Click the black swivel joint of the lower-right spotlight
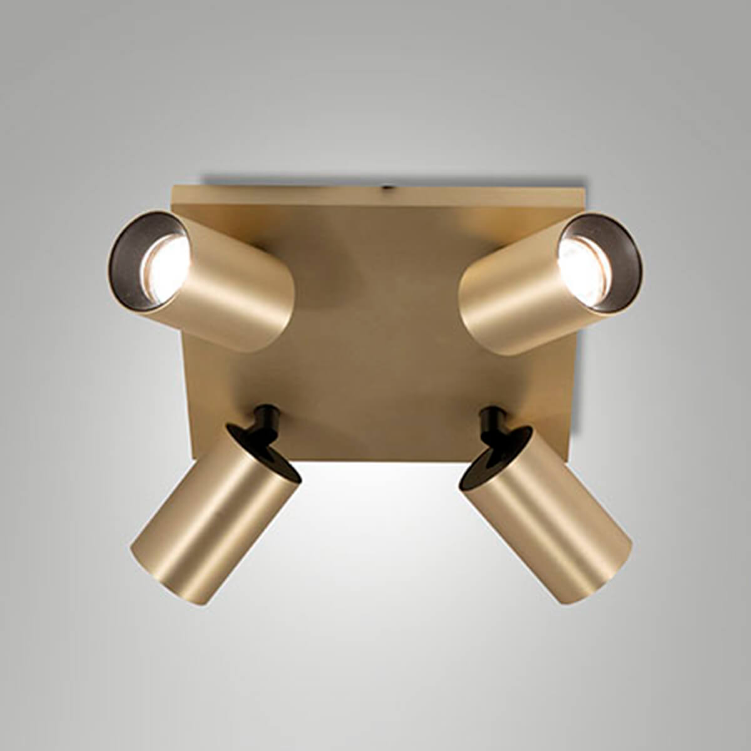tap(491, 422)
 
